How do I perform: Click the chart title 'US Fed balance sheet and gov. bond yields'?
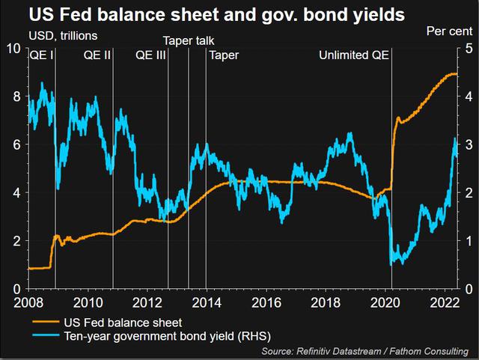(217, 15)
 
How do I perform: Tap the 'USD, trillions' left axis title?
(63, 36)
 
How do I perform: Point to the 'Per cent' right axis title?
(449, 31)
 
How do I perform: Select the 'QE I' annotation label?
(42, 55)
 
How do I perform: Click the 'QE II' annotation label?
(97, 55)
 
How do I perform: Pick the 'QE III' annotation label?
(150, 55)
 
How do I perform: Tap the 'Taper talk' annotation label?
(189, 40)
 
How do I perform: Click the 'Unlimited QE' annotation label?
(354, 55)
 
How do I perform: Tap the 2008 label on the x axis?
(28, 303)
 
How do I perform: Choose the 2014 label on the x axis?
(207, 303)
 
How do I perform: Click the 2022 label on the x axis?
(445, 303)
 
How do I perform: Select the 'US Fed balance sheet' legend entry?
(107, 323)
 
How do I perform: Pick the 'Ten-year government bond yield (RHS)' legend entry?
(152, 336)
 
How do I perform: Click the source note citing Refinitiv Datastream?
(365, 351)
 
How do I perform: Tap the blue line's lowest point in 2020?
(391, 265)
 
